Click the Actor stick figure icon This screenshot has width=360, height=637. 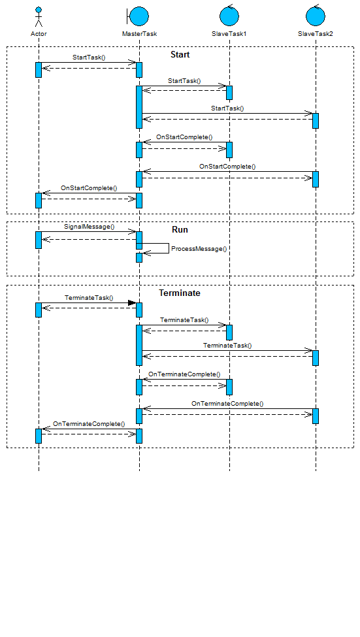pos(39,17)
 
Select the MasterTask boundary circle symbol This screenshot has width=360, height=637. pos(138,16)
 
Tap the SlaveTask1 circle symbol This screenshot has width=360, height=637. pos(229,16)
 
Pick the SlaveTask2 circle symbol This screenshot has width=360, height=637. pos(316,16)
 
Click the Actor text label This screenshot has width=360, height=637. pos(39,34)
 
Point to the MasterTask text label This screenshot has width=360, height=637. pos(139,34)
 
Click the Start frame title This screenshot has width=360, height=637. pos(180,54)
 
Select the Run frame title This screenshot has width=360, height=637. pos(180,229)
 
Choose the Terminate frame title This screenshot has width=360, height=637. pos(180,293)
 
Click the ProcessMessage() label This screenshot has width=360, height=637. pos(199,249)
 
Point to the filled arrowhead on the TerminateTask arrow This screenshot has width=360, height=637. pos(132,302)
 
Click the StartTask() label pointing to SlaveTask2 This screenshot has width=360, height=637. pos(227,108)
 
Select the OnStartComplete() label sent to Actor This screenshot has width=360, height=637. pos(89,188)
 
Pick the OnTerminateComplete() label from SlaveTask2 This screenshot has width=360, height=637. pos(227,403)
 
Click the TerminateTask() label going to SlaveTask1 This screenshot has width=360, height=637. pos(184,319)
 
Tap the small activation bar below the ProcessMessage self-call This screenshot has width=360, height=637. pos(139,257)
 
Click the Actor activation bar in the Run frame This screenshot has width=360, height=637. pos(39,240)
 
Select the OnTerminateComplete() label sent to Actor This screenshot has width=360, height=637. pos(89,424)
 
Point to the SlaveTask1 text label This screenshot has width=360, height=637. pos(229,34)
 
